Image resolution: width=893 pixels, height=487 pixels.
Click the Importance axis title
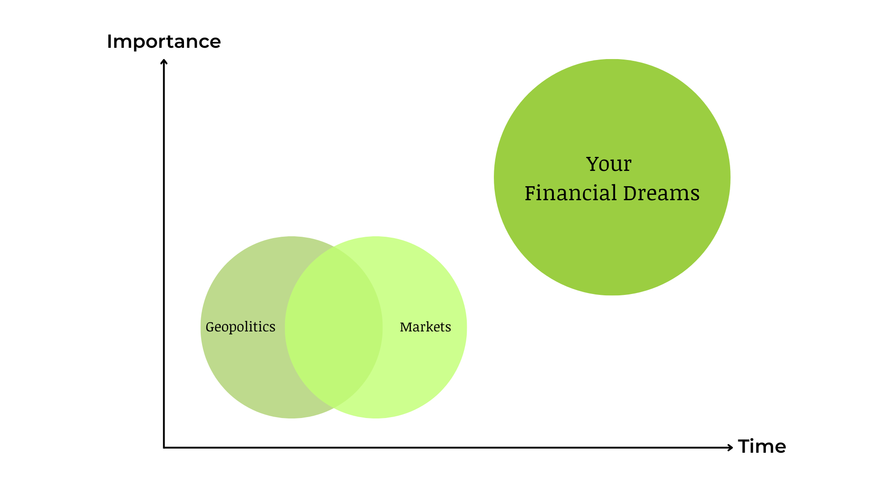[164, 42]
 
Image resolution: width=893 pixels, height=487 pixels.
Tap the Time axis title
[762, 446]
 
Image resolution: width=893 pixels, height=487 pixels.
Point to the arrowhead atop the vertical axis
[164, 62]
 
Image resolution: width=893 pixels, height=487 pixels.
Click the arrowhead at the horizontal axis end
[730, 447]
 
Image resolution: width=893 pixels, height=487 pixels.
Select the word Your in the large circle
[608, 164]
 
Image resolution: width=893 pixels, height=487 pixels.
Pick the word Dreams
[661, 193]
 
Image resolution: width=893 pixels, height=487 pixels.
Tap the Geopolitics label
[240, 327]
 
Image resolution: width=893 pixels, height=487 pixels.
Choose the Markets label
[425, 327]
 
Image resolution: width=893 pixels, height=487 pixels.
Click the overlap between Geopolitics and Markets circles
[334, 327]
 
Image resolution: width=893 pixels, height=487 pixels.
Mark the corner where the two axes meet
[164, 447]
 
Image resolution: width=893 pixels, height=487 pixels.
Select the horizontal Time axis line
[448, 447]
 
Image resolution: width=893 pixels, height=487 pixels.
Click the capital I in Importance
[109, 41]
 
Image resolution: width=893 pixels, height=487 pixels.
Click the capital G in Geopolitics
[211, 326]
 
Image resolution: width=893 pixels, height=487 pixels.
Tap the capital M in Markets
[406, 327]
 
